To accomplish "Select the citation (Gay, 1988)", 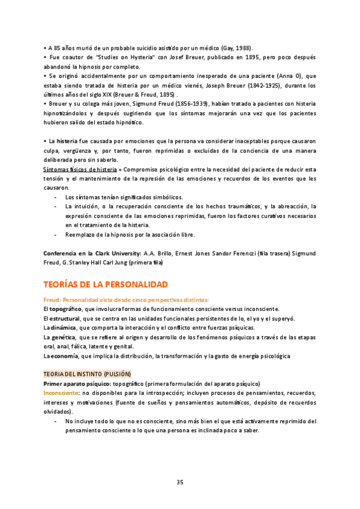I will coord(237,48).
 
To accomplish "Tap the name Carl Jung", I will coord(122,262).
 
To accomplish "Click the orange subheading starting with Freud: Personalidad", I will coord(126,300).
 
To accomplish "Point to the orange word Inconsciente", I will coord(63,393).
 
